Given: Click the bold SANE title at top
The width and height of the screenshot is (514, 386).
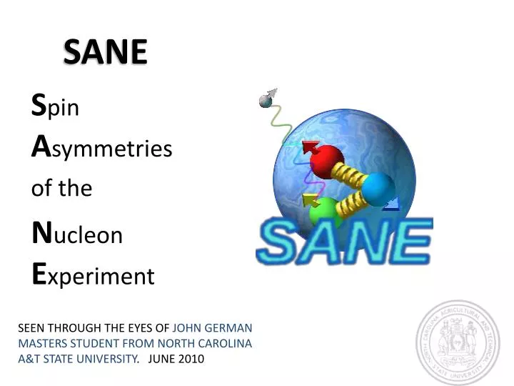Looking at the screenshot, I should [x=105, y=51].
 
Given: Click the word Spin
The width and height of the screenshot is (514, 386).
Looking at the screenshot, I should [x=55, y=108].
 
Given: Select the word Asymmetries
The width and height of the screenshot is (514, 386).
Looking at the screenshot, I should [x=102, y=148].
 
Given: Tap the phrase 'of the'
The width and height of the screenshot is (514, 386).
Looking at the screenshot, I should [x=62, y=189].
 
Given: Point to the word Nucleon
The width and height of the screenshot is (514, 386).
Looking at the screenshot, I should [x=77, y=234].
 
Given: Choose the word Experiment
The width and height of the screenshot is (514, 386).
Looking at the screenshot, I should [x=94, y=275].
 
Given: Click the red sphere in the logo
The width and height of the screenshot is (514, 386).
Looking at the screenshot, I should [x=326, y=162].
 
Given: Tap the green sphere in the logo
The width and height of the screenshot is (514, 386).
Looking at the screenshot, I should [x=325, y=212].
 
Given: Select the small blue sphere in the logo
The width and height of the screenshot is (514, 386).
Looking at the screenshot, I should [x=378, y=188].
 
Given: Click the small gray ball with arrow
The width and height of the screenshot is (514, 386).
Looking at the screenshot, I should [x=267, y=100].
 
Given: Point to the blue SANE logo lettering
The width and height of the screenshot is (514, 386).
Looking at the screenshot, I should [x=343, y=242].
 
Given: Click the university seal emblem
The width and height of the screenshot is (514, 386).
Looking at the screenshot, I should [x=458, y=342].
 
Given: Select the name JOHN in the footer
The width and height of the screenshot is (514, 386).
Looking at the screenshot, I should [x=187, y=328].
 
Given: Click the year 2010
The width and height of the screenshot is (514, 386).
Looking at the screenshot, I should [x=191, y=358].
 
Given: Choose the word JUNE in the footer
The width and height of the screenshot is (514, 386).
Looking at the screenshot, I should [x=161, y=358].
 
